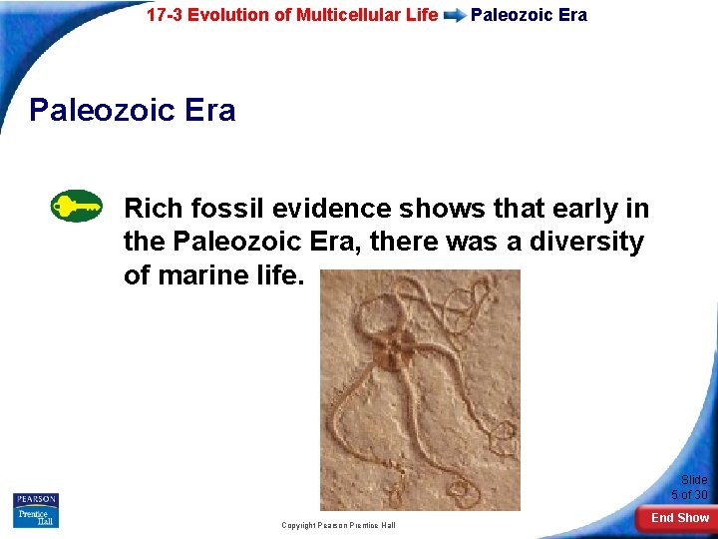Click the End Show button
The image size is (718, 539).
click(x=680, y=518)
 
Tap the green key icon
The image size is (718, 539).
click(x=76, y=207)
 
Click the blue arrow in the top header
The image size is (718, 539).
click(x=454, y=16)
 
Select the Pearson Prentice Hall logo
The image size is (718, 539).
click(x=36, y=510)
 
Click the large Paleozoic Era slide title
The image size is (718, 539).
click(x=133, y=109)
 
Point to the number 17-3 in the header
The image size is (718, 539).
click(x=165, y=15)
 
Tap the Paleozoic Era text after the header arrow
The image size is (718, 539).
click(x=529, y=15)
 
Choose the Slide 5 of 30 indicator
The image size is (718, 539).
click(x=690, y=487)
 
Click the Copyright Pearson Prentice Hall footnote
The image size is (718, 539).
click(x=338, y=525)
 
